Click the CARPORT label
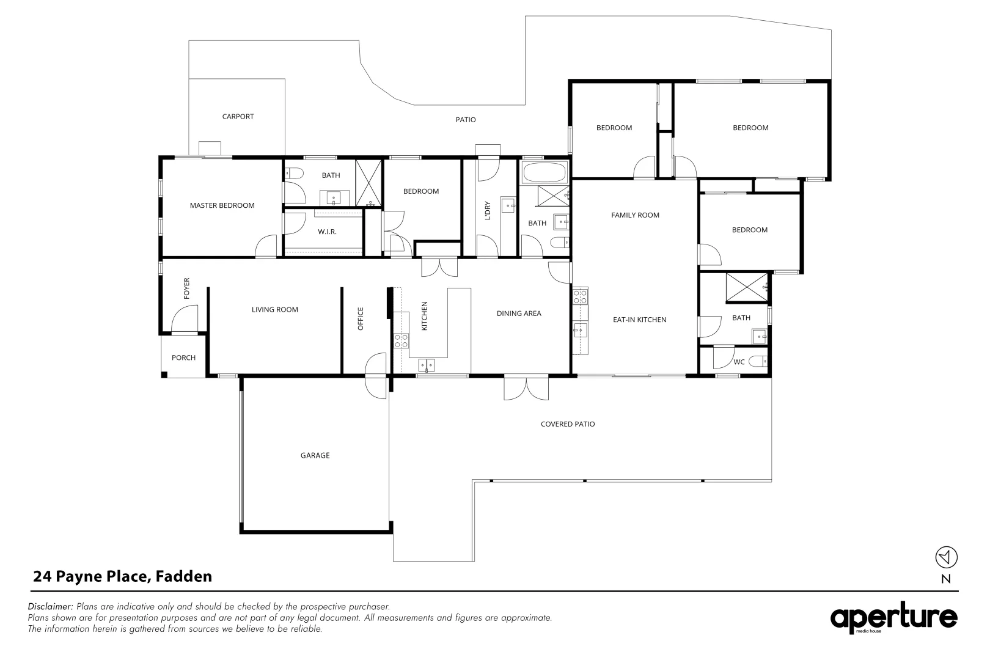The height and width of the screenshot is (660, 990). (x=238, y=117)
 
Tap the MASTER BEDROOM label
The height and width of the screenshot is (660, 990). (x=222, y=205)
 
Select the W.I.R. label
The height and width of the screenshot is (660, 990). (x=327, y=232)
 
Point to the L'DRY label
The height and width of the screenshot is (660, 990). (x=488, y=210)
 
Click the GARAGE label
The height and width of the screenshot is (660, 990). (x=315, y=455)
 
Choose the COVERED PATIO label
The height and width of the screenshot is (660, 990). (x=567, y=424)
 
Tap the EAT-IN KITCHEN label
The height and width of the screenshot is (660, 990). (x=639, y=320)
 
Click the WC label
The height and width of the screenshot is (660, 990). (x=739, y=362)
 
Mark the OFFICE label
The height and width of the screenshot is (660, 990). (x=361, y=319)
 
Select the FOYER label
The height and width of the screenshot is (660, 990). (x=187, y=288)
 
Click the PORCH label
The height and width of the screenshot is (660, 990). (x=183, y=358)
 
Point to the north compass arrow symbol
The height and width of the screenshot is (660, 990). (x=946, y=557)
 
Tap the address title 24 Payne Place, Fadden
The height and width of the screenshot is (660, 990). (x=122, y=576)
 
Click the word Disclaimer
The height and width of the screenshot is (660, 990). (x=51, y=607)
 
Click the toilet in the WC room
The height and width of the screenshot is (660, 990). (x=758, y=362)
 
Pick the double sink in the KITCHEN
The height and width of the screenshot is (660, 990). (x=427, y=365)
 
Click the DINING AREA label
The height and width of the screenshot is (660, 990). (x=518, y=313)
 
